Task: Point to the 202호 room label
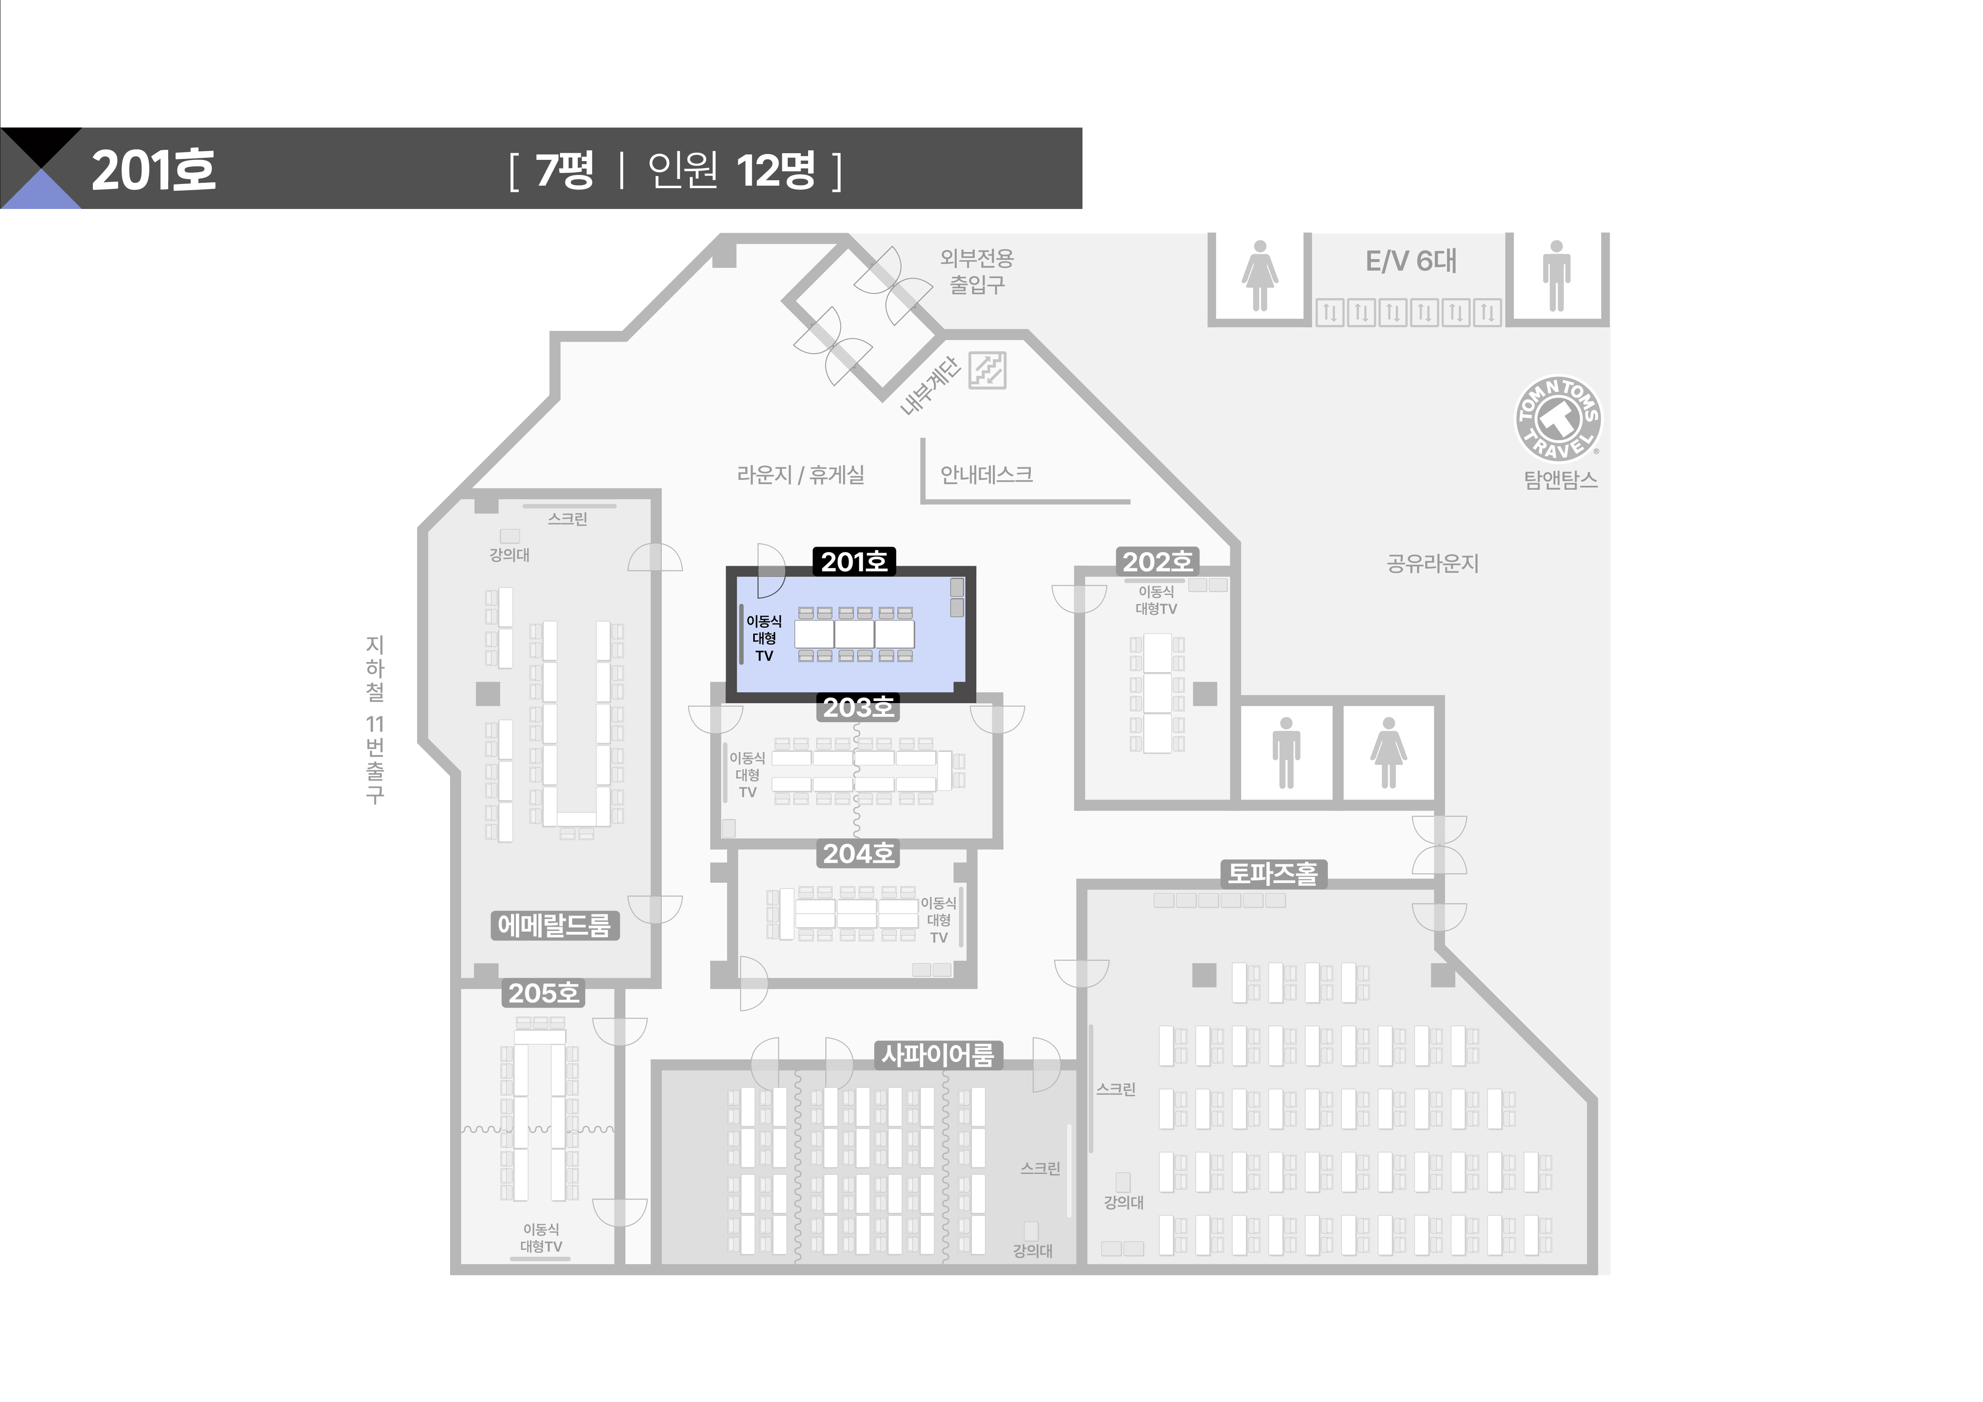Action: tap(1157, 562)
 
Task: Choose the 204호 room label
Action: tap(858, 854)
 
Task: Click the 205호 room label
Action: tap(543, 994)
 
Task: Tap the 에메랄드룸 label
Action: tap(555, 925)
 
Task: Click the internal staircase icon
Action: tap(987, 370)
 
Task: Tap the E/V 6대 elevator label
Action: tap(1411, 261)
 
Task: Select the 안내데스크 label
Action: tap(986, 474)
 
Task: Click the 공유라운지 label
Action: tap(1433, 564)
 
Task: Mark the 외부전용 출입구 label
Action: tap(977, 271)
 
